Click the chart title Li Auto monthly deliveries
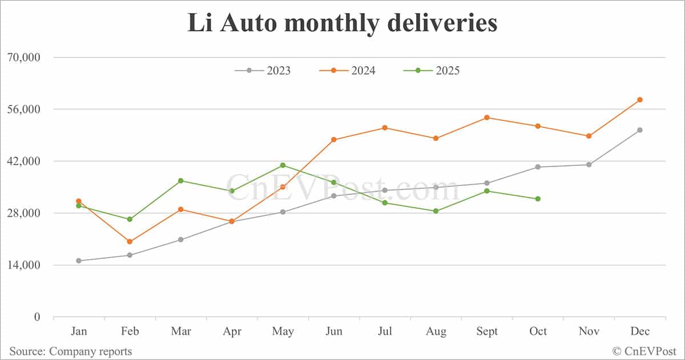click(x=342, y=24)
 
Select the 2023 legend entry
click(x=263, y=71)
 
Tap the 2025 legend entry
click(x=432, y=71)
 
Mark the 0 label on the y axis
click(x=37, y=317)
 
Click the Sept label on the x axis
click(x=487, y=331)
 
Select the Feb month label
click(x=130, y=331)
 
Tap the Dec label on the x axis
click(x=640, y=331)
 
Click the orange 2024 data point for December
click(x=640, y=100)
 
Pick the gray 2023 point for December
click(x=640, y=130)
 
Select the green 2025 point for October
click(x=538, y=199)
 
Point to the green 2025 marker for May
click(x=283, y=165)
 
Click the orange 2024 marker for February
click(x=130, y=242)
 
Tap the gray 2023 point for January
click(x=79, y=261)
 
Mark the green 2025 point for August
click(x=436, y=211)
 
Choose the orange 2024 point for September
click(x=487, y=118)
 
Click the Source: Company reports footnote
click(x=70, y=351)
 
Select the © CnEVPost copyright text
click(x=644, y=351)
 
